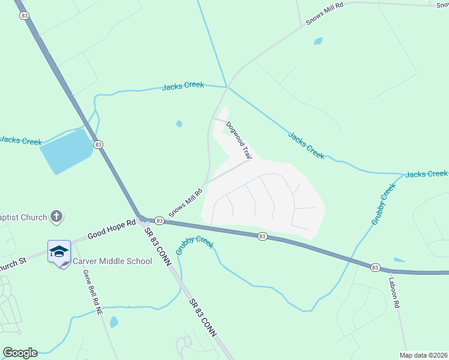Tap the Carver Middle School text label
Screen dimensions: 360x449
[x=112, y=261]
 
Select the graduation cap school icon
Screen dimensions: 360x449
[x=59, y=251]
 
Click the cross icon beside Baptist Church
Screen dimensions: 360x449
[x=56, y=217]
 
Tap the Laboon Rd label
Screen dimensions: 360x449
[x=394, y=293]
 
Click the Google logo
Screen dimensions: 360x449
[x=20, y=353]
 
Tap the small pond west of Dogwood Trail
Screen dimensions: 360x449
[x=179, y=124]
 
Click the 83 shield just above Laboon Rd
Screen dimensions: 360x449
[x=375, y=267]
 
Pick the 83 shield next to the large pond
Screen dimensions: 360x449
[x=98, y=144]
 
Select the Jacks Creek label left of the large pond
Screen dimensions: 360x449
[x=21, y=141]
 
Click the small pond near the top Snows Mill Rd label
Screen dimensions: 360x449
[x=318, y=41]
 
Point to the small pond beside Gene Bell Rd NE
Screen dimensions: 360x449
[x=113, y=322]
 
